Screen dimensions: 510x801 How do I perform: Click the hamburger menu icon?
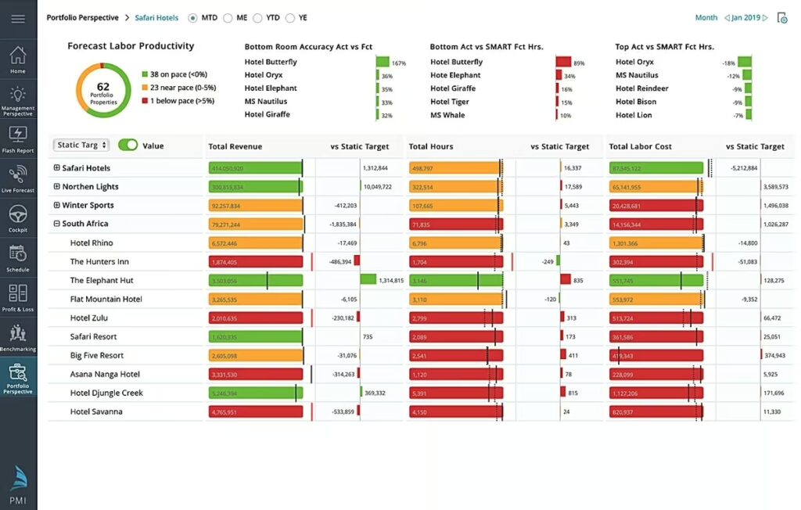point(18,19)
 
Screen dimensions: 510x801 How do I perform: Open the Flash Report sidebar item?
point(18,138)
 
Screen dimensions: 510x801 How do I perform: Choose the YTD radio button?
point(260,18)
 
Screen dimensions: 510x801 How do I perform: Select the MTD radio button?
point(193,18)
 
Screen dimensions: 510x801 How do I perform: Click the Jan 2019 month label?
point(746,18)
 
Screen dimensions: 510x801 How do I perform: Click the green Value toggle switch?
point(128,145)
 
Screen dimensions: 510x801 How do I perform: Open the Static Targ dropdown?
point(81,145)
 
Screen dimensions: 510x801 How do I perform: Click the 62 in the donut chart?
point(103,86)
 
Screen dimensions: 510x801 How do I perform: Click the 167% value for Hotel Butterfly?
point(398,63)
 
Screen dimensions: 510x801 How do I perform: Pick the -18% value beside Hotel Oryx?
point(728,63)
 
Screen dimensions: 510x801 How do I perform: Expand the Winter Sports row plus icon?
point(56,206)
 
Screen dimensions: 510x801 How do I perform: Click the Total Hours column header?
point(430,146)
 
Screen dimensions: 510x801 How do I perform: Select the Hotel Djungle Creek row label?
point(106,393)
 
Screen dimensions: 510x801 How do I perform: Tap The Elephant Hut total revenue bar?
point(255,281)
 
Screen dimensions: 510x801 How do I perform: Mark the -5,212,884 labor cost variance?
point(738,168)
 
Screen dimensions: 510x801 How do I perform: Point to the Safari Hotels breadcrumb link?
point(156,18)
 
